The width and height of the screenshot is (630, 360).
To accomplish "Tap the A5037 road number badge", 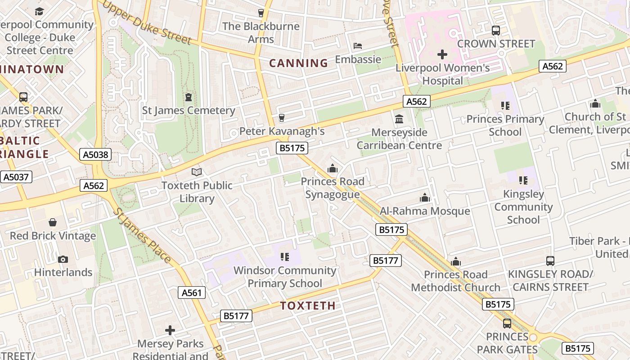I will pyautogui.click(x=17, y=177).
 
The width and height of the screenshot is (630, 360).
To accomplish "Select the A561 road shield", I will pyautogui.click(x=192, y=293).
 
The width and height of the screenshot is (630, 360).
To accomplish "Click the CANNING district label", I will pyautogui.click(x=298, y=63).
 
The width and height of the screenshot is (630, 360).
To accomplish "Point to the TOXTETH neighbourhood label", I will pyautogui.click(x=308, y=306).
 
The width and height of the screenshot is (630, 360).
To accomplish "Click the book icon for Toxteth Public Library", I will pyautogui.click(x=197, y=172).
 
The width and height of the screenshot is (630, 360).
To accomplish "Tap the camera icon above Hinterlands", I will pyautogui.click(x=63, y=259).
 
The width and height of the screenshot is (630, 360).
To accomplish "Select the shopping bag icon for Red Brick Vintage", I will pyautogui.click(x=53, y=222).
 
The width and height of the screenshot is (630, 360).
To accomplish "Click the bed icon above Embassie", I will pyautogui.click(x=358, y=46).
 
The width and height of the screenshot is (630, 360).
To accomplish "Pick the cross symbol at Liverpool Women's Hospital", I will pyautogui.click(x=442, y=54).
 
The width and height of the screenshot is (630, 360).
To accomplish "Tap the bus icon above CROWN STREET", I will pyautogui.click(x=496, y=31).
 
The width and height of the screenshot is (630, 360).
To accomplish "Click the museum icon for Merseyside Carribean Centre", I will pyautogui.click(x=399, y=119).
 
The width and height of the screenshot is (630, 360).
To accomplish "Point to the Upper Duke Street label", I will pyautogui.click(x=147, y=22).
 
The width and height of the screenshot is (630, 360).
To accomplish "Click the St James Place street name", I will pyautogui.click(x=141, y=235).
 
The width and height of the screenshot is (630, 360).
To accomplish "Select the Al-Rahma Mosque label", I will pyautogui.click(x=425, y=211).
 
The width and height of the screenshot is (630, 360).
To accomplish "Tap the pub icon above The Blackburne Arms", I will pyautogui.click(x=261, y=13).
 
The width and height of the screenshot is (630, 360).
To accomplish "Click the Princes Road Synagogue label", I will pyautogui.click(x=333, y=188).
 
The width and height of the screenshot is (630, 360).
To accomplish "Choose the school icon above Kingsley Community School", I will pyautogui.click(x=523, y=180).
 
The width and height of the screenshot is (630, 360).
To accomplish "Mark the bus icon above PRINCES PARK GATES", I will pyautogui.click(x=507, y=323).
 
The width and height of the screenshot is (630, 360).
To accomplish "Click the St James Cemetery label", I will pyautogui.click(x=189, y=110).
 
